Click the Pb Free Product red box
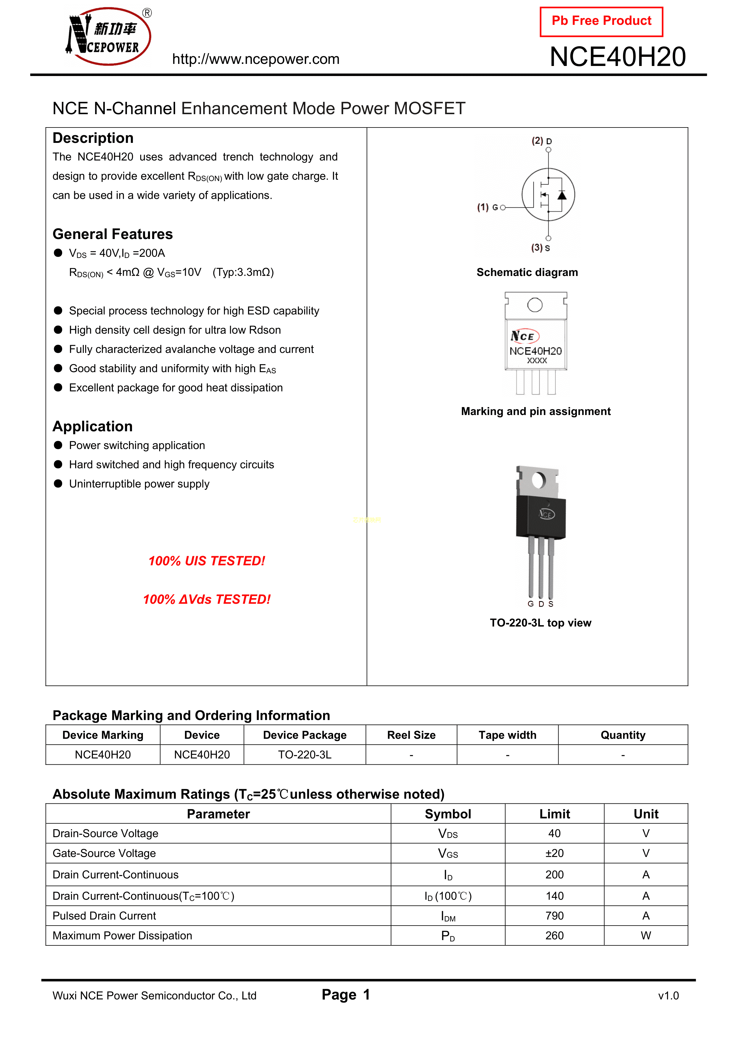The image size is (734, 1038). coord(601,21)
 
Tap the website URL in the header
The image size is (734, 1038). coord(256,59)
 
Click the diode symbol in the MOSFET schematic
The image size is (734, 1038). coord(562,195)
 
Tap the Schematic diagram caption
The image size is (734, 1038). coord(527,272)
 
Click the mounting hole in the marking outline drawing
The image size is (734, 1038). coord(535,305)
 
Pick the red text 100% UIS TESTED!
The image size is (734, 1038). coord(207,561)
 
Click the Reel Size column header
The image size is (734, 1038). coord(411,735)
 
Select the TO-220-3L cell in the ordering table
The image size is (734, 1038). coord(304,755)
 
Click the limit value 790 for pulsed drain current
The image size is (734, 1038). coord(554,916)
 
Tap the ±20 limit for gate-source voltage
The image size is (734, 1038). coord(554,853)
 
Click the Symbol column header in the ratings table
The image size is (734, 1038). coord(448,814)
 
